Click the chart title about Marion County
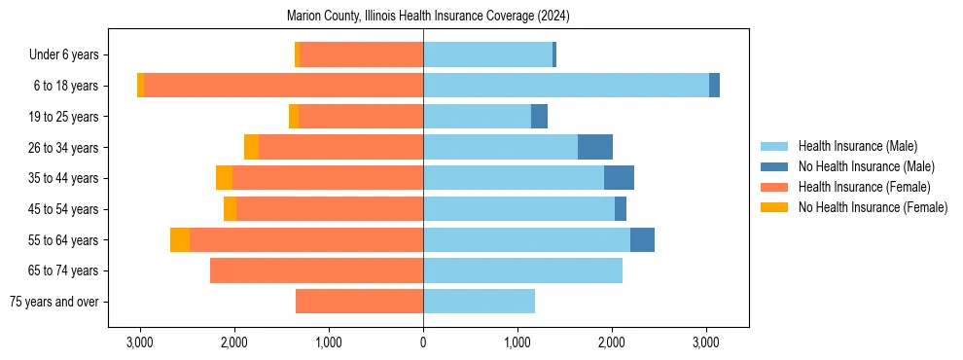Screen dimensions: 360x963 pyautogui.click(x=428, y=17)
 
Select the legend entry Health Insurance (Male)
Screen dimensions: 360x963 pyautogui.click(x=857, y=146)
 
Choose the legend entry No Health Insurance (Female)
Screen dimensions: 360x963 pyautogui.click(x=873, y=207)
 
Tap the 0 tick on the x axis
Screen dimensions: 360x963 pyautogui.click(x=423, y=342)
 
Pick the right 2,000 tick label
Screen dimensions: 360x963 pyautogui.click(x=612, y=342)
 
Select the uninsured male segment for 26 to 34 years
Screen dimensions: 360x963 pyautogui.click(x=595, y=147)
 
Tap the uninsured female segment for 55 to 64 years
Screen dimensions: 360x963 pyautogui.click(x=180, y=240)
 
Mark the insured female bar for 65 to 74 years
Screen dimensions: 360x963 pyautogui.click(x=316, y=270)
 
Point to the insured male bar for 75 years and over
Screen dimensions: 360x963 pyautogui.click(x=479, y=302)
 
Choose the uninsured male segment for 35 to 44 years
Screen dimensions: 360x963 pyautogui.click(x=619, y=178)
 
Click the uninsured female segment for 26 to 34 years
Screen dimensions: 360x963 pyautogui.click(x=251, y=147)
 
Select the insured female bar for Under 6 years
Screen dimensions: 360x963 pyautogui.click(x=361, y=55)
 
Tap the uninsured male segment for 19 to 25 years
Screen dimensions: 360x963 pyautogui.click(x=539, y=117)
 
